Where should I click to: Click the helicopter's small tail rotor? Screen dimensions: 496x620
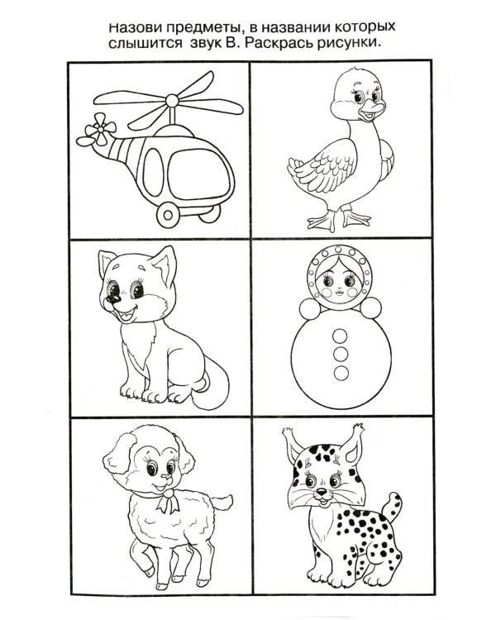[x=98, y=129]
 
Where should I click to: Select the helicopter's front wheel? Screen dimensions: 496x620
[x=168, y=215]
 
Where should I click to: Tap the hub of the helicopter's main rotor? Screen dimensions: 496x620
[x=173, y=100]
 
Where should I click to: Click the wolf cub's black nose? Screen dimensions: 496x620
[x=113, y=298]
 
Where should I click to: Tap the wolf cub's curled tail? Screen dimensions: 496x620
[x=212, y=387]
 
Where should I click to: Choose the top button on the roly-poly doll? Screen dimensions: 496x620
[x=340, y=336]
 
